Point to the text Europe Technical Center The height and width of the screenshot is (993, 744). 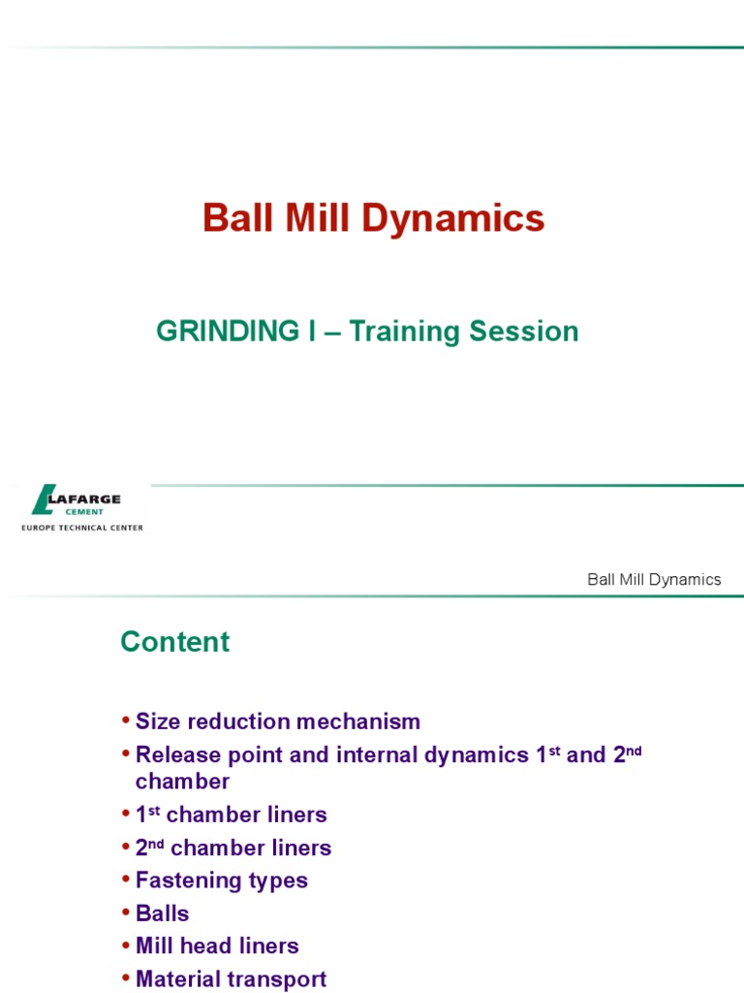(x=82, y=529)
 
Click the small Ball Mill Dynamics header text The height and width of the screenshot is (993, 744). (x=654, y=580)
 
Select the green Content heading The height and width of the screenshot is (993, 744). (x=174, y=642)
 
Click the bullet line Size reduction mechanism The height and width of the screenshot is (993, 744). (x=278, y=721)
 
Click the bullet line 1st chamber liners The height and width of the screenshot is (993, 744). (x=232, y=815)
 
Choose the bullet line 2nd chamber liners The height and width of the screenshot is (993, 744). (x=233, y=849)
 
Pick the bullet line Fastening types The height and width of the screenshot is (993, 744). (x=222, y=881)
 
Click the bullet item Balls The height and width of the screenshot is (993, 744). (x=163, y=913)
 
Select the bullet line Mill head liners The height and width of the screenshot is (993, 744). (x=217, y=945)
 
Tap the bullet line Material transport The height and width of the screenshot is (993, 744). (x=231, y=979)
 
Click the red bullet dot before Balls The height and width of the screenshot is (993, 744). (x=126, y=913)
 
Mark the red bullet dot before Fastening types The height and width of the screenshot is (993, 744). (x=126, y=881)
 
